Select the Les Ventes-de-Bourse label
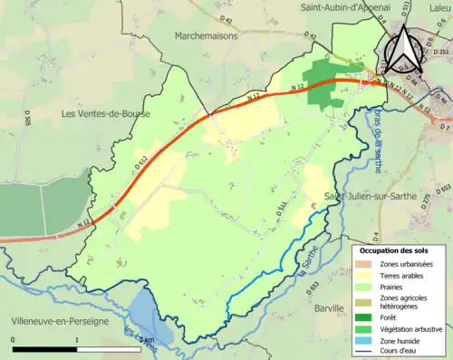(104, 114)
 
